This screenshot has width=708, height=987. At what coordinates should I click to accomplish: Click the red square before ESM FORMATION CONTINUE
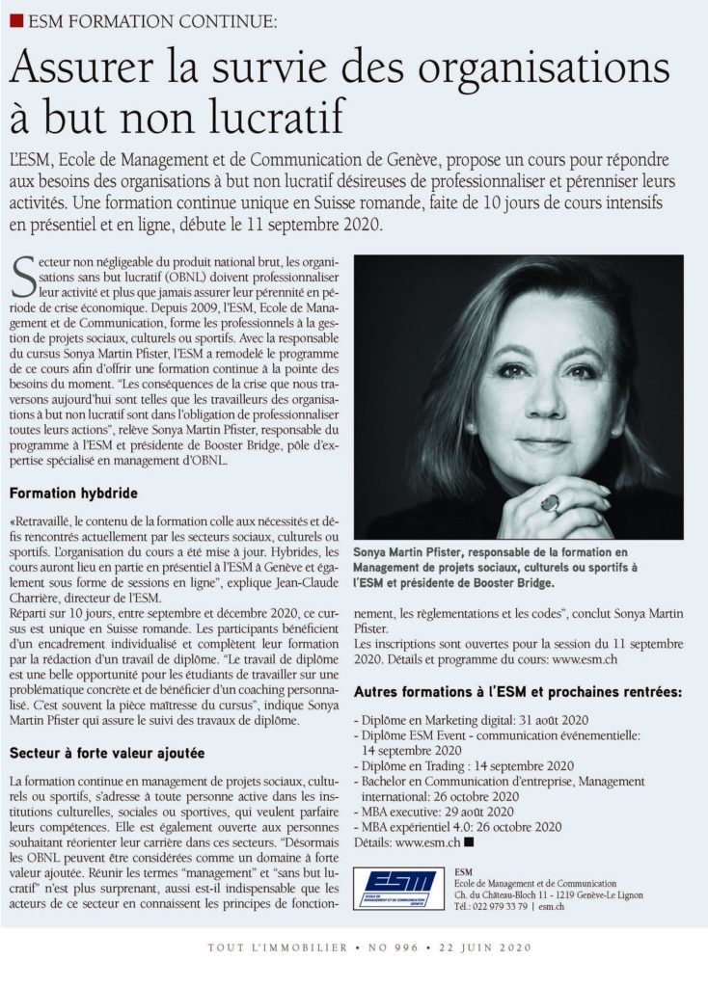(16, 19)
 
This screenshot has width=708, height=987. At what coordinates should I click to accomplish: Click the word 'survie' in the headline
(304, 70)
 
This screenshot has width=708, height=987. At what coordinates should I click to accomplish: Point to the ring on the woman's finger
(552, 502)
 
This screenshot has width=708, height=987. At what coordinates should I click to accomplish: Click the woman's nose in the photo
(550, 405)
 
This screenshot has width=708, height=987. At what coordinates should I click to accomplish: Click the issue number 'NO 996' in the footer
(393, 948)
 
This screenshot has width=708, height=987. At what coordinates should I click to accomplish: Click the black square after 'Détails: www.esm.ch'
(469, 841)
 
